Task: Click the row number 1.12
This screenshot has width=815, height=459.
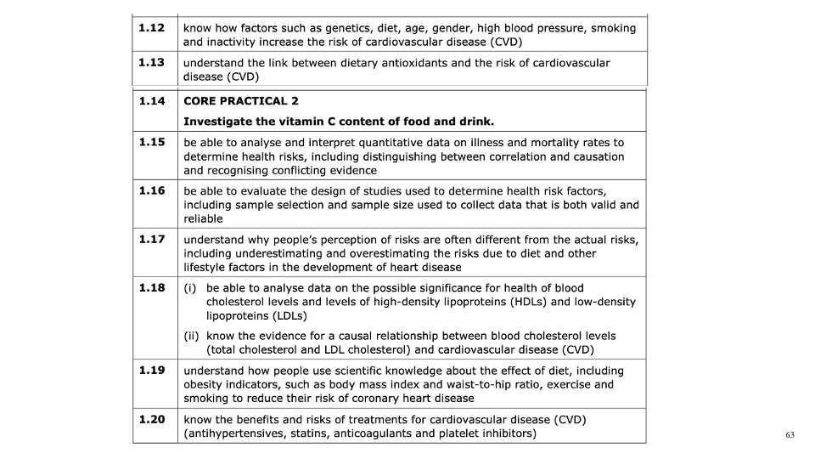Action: (152, 28)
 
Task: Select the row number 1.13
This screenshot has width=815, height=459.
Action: (152, 63)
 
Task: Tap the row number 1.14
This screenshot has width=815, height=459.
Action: (152, 101)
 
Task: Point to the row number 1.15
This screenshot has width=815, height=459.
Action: (152, 142)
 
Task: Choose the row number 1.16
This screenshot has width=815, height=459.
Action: (152, 190)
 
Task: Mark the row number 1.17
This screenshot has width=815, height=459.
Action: (152, 239)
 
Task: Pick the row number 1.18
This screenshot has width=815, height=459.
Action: (152, 287)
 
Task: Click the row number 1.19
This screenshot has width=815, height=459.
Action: (152, 371)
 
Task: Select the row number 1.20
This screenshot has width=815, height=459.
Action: (152, 419)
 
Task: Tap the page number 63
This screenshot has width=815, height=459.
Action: (790, 435)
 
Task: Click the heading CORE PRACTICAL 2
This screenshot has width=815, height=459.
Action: (241, 101)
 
